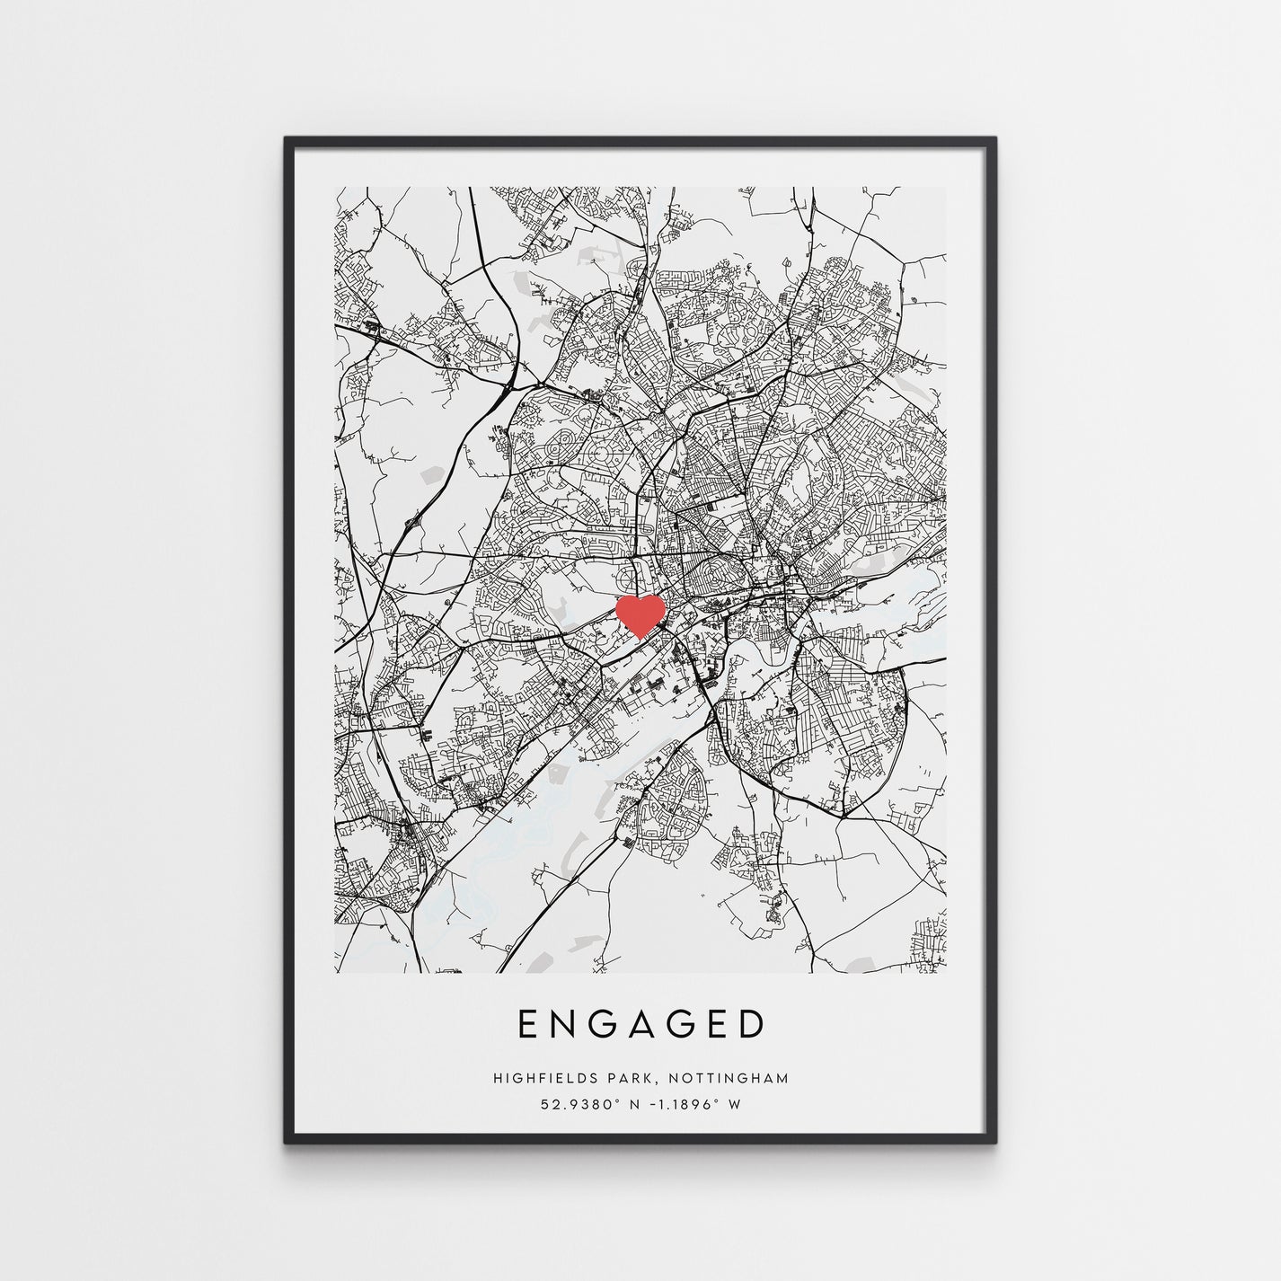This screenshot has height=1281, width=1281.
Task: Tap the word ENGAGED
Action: (640, 1024)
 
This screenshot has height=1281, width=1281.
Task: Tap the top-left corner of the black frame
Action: (287, 139)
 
